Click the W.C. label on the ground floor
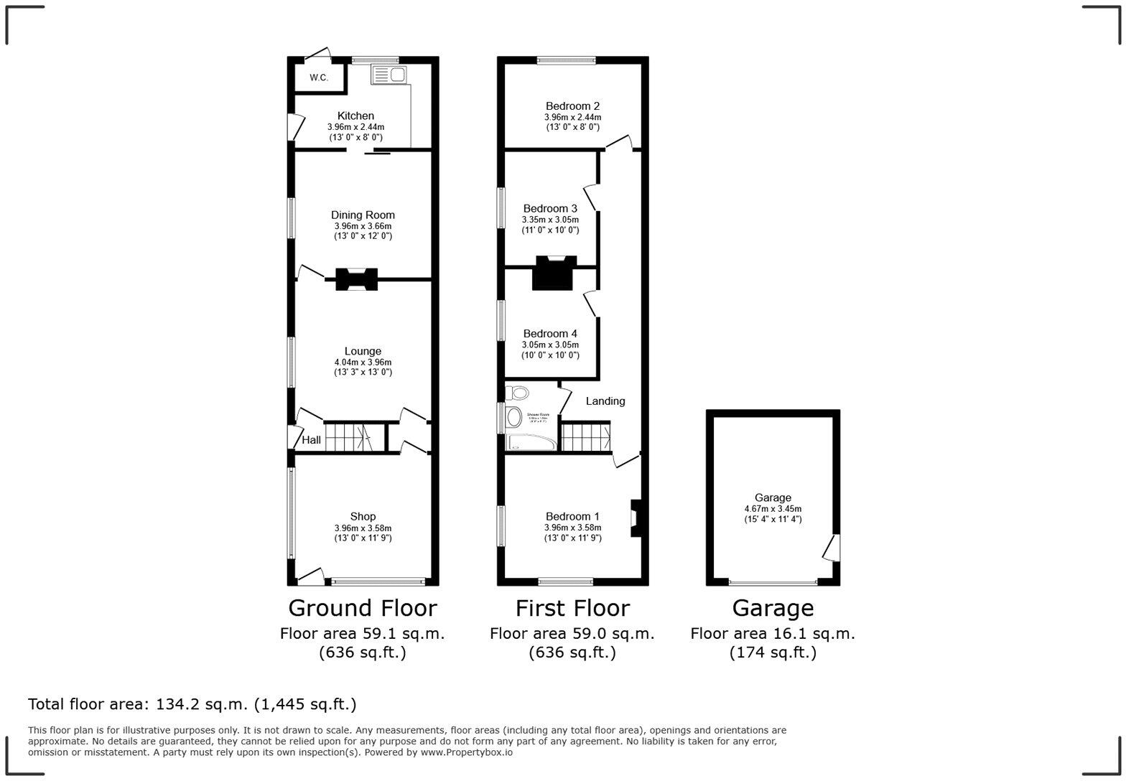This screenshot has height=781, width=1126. pos(319,78)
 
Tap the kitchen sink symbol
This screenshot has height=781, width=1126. pos(388,74)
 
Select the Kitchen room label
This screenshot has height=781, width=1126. pos(355,116)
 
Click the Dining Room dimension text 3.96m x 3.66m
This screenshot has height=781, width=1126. pos(363,225)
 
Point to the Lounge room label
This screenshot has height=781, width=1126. pos(363,351)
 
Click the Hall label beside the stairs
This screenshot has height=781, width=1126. pos(311,440)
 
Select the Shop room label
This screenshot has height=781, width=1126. pos(363,516)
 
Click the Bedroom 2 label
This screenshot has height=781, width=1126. pos(572,106)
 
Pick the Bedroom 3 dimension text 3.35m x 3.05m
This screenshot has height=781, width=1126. pos(550,220)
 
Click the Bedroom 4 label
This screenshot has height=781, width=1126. pos(550,333)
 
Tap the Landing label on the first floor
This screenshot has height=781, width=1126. pos(605,401)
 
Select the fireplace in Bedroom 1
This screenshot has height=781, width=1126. pos(636,518)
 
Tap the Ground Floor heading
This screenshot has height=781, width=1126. pos(363,608)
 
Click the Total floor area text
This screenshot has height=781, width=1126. pos(192,704)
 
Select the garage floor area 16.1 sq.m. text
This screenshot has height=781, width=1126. pos(773,634)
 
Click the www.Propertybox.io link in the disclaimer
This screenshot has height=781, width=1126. pos(467,752)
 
